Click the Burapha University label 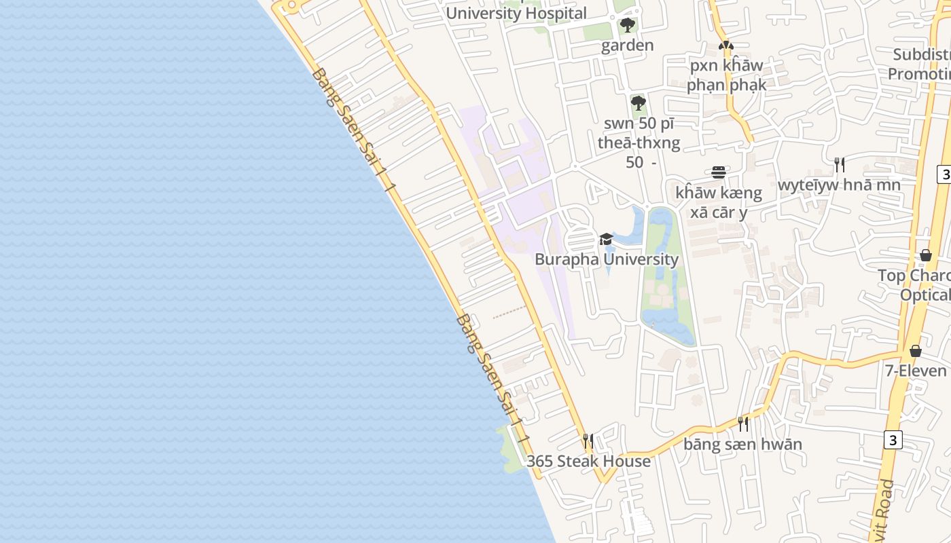[x=606, y=259]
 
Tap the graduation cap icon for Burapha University [x=606, y=239]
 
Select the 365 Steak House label [x=588, y=462]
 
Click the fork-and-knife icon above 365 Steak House [x=588, y=441]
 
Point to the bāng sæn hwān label [x=742, y=445]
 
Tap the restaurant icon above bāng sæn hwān [x=743, y=424]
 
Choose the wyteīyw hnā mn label [x=839, y=185]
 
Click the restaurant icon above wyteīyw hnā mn [x=840, y=164]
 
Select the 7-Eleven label [x=915, y=371]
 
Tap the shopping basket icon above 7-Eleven [x=916, y=351]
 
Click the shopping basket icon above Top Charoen [x=925, y=255]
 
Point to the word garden [x=627, y=45]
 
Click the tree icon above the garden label [x=628, y=26]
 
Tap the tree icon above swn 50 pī [x=638, y=103]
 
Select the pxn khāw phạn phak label [x=726, y=75]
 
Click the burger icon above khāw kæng [x=719, y=172]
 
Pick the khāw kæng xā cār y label [x=719, y=202]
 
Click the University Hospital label [x=516, y=13]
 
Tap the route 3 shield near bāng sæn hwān [x=893, y=440]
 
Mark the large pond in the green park [x=666, y=319]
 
